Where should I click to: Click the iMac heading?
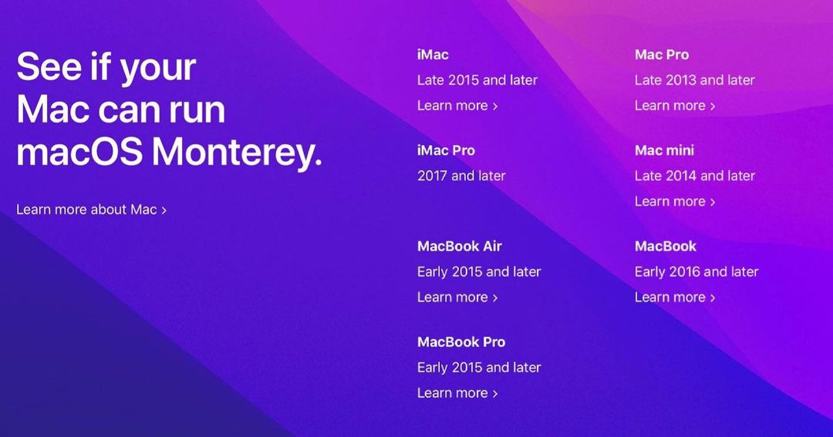point(433,55)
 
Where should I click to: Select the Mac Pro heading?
point(662,55)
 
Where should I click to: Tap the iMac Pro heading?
point(446,150)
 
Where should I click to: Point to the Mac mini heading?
point(664,150)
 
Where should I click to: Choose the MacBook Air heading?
point(460,247)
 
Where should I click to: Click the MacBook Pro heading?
point(461,342)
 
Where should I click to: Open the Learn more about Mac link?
point(91,210)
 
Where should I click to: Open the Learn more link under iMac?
point(457,106)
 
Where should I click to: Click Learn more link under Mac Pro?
point(675,106)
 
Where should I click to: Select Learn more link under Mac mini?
point(675,201)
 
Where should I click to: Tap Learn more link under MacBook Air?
point(457,297)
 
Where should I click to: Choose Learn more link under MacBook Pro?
point(457,393)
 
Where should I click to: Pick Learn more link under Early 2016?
point(675,297)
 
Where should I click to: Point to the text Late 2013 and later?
point(694,80)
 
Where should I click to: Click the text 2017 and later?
point(461,176)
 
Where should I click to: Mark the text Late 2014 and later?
point(694,176)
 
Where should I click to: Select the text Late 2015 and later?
point(477,80)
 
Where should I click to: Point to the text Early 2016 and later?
point(696,272)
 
